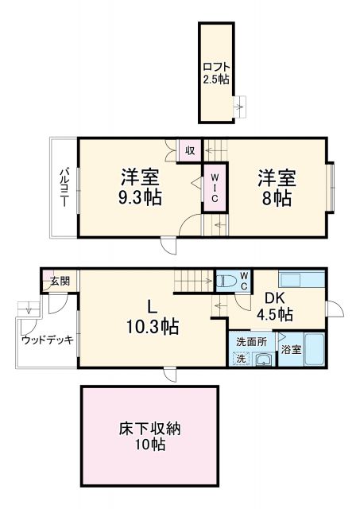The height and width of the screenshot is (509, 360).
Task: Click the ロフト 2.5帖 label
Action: (215, 72)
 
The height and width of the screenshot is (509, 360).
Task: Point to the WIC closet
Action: (215, 188)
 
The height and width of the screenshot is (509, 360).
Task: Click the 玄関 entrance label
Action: (60, 281)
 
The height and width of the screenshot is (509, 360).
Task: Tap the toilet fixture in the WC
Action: (226, 280)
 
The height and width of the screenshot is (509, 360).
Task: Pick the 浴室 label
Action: (290, 350)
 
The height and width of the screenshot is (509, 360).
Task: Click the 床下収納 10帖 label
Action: (149, 437)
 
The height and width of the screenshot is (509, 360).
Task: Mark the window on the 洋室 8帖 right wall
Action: (331, 188)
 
